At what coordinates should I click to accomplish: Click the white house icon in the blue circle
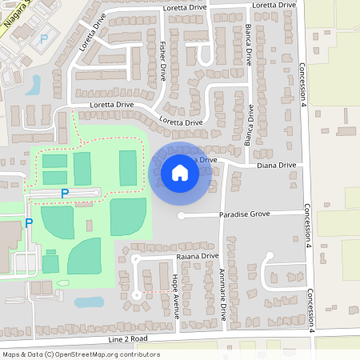(180, 172)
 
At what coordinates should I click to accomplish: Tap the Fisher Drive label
(162, 62)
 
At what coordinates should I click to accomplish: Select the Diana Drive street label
(277, 165)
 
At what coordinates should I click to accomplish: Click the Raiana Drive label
(197, 256)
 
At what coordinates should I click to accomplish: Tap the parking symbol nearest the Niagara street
(44, 38)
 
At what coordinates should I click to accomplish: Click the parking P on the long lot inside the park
(65, 193)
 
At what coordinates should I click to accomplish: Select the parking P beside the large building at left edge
(28, 223)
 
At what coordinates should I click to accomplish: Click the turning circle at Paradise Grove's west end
(182, 216)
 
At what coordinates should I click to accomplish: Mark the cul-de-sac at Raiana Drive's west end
(136, 260)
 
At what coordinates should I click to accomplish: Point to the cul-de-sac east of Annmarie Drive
(269, 256)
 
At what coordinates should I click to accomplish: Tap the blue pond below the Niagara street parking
(33, 85)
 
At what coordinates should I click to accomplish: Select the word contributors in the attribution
(138, 354)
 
